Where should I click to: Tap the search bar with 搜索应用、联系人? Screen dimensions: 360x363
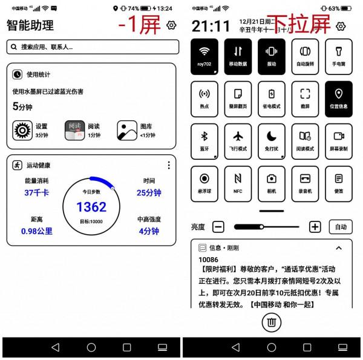point(93,47)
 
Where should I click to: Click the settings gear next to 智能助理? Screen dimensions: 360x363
point(171,25)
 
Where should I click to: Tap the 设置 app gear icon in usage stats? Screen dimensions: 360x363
point(22,130)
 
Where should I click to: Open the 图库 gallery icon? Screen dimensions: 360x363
point(127,130)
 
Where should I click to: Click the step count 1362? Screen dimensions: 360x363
point(91,207)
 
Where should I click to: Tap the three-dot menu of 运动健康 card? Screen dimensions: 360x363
point(168,165)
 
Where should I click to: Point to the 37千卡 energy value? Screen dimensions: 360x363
point(36,193)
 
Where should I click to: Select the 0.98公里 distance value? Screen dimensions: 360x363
point(36,231)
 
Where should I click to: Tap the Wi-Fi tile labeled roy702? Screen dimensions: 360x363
point(204,56)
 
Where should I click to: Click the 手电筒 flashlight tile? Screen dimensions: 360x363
point(338,56)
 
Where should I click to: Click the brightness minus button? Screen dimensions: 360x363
point(218,227)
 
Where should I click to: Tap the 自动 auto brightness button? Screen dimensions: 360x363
point(340,227)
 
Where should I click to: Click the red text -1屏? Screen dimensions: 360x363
point(139,25)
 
